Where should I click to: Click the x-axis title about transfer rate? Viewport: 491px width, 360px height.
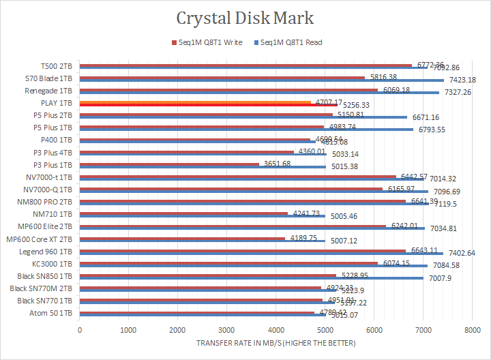click(276, 343)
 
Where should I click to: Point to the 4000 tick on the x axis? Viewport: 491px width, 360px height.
click(276, 329)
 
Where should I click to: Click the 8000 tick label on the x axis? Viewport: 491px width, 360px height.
click(472, 329)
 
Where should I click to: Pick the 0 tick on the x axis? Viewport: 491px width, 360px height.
click(80, 329)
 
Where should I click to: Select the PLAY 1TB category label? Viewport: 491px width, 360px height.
click(58, 103)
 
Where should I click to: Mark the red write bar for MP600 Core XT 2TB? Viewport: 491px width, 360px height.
click(182, 239)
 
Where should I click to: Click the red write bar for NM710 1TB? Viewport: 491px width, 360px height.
click(183, 214)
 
